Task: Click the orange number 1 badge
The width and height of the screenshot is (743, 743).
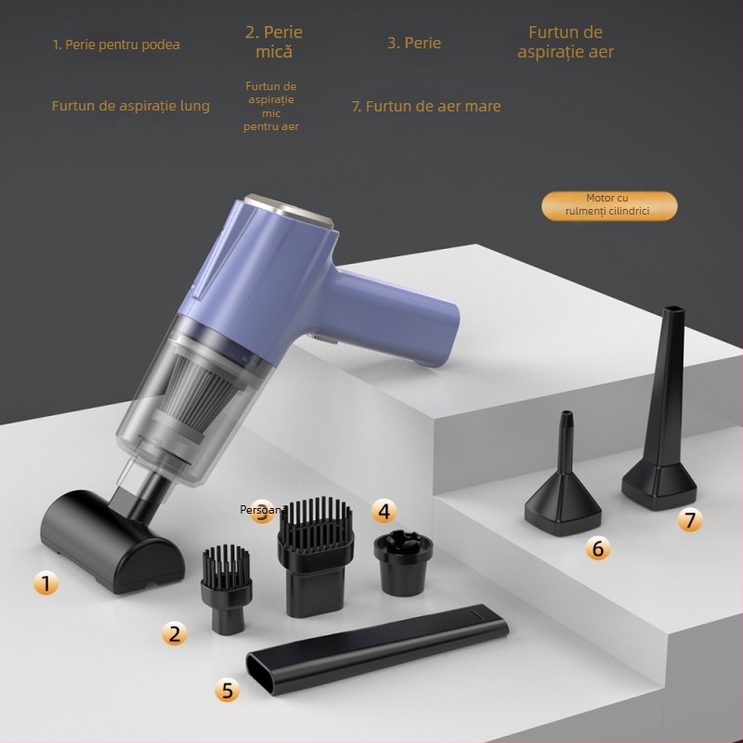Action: pyautogui.click(x=46, y=583)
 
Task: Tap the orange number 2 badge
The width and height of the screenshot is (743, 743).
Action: pyautogui.click(x=175, y=634)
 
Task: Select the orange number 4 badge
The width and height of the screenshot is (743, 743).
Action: pyautogui.click(x=384, y=510)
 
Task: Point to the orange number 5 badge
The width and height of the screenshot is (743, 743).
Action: pyautogui.click(x=228, y=689)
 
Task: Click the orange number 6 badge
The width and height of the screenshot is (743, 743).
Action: pyautogui.click(x=597, y=549)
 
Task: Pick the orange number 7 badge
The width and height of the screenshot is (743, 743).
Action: pyautogui.click(x=688, y=520)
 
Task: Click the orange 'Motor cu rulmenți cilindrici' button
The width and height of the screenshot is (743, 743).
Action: pyautogui.click(x=610, y=205)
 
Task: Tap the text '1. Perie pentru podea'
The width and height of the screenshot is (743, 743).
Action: pyautogui.click(x=116, y=45)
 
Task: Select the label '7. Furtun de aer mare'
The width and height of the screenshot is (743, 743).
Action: pyautogui.click(x=425, y=106)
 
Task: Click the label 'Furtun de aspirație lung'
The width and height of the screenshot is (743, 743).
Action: pyautogui.click(x=130, y=106)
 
